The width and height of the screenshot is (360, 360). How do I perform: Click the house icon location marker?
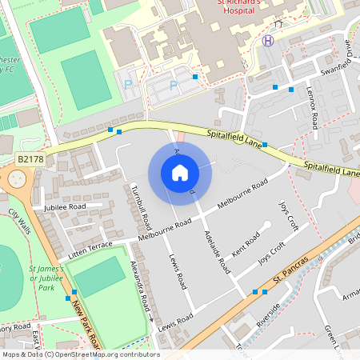click(180, 173)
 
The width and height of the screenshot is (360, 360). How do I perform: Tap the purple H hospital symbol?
click(268, 41)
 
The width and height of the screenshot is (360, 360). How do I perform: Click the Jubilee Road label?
click(66, 206)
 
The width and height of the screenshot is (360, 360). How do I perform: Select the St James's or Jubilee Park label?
click(45, 278)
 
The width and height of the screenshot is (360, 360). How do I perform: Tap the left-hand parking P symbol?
click(127, 83)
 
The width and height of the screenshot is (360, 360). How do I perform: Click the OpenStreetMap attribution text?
click(80, 354)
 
